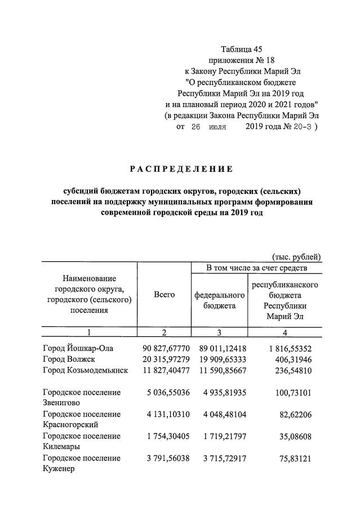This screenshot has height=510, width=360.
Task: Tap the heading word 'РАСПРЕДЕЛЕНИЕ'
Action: [181, 169]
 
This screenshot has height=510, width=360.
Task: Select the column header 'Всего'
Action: [164, 295]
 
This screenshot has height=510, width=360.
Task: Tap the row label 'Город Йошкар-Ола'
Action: [78, 348]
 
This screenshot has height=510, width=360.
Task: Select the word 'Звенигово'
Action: [62, 402]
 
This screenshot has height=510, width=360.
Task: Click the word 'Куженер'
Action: [59, 468]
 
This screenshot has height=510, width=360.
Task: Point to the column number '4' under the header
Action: [285, 332]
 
